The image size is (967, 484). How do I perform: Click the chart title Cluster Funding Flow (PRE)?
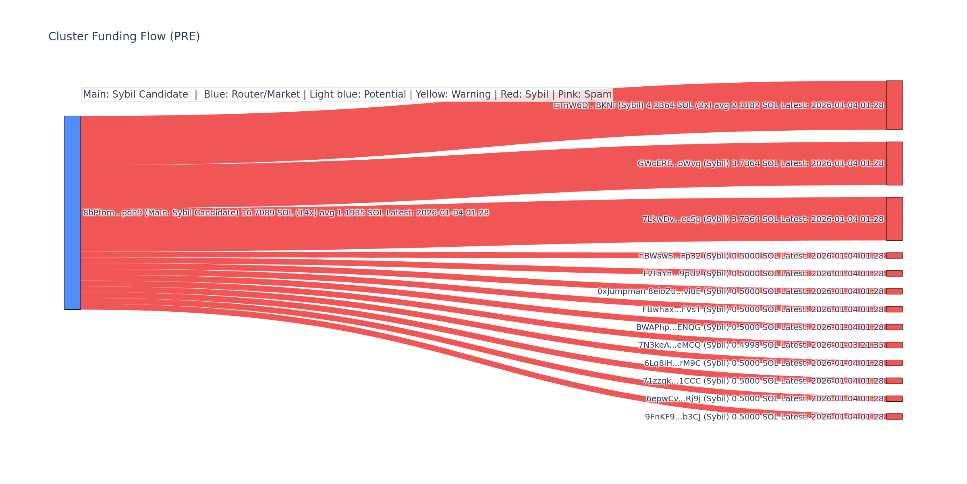click(124, 37)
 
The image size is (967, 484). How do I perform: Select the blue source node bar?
click(73, 213)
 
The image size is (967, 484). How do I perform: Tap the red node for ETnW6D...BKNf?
click(894, 105)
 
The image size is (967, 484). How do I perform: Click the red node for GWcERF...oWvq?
click(894, 163)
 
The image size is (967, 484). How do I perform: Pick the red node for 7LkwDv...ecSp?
click(894, 219)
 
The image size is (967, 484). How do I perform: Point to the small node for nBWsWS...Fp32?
click(894, 256)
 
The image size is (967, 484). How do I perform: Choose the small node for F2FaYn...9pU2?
click(894, 273)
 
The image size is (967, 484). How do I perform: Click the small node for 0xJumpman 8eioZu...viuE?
click(894, 291)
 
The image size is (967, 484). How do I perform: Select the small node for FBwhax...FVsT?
click(894, 309)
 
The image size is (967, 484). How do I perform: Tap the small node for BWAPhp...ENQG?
click(894, 327)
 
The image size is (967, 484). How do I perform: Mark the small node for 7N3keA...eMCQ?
click(894, 345)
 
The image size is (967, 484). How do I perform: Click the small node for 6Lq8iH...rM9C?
click(894, 363)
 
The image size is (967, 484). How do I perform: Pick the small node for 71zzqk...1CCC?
click(894, 381)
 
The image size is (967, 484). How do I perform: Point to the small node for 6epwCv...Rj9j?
click(894, 398)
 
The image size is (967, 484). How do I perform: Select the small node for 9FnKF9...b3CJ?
click(894, 417)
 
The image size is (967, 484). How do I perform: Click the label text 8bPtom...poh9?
click(112, 213)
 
